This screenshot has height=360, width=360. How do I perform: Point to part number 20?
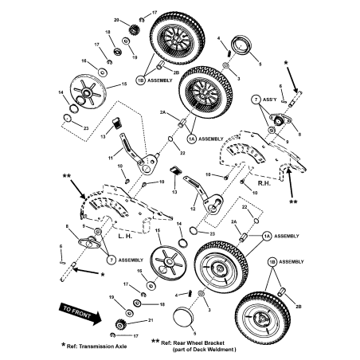(x=116, y=19)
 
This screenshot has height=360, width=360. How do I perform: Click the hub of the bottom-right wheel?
(x=264, y=319)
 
